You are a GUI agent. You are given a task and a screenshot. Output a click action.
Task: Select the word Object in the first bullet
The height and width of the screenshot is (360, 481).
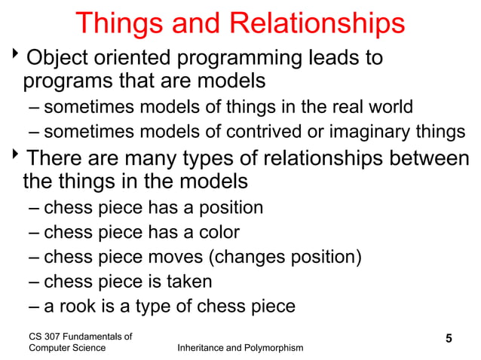pos(56,58)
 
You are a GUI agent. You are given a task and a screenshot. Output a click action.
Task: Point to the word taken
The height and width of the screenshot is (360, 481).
pos(188,282)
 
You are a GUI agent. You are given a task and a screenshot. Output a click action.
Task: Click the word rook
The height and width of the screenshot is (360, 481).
pos(75,307)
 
